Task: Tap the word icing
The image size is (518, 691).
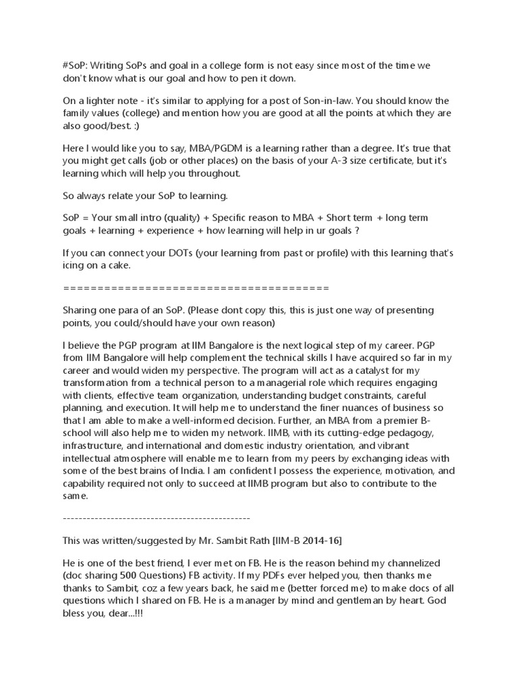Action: [x=75, y=265]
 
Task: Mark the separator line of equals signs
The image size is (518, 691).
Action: [x=196, y=288]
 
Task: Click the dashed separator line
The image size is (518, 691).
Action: [x=156, y=518]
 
